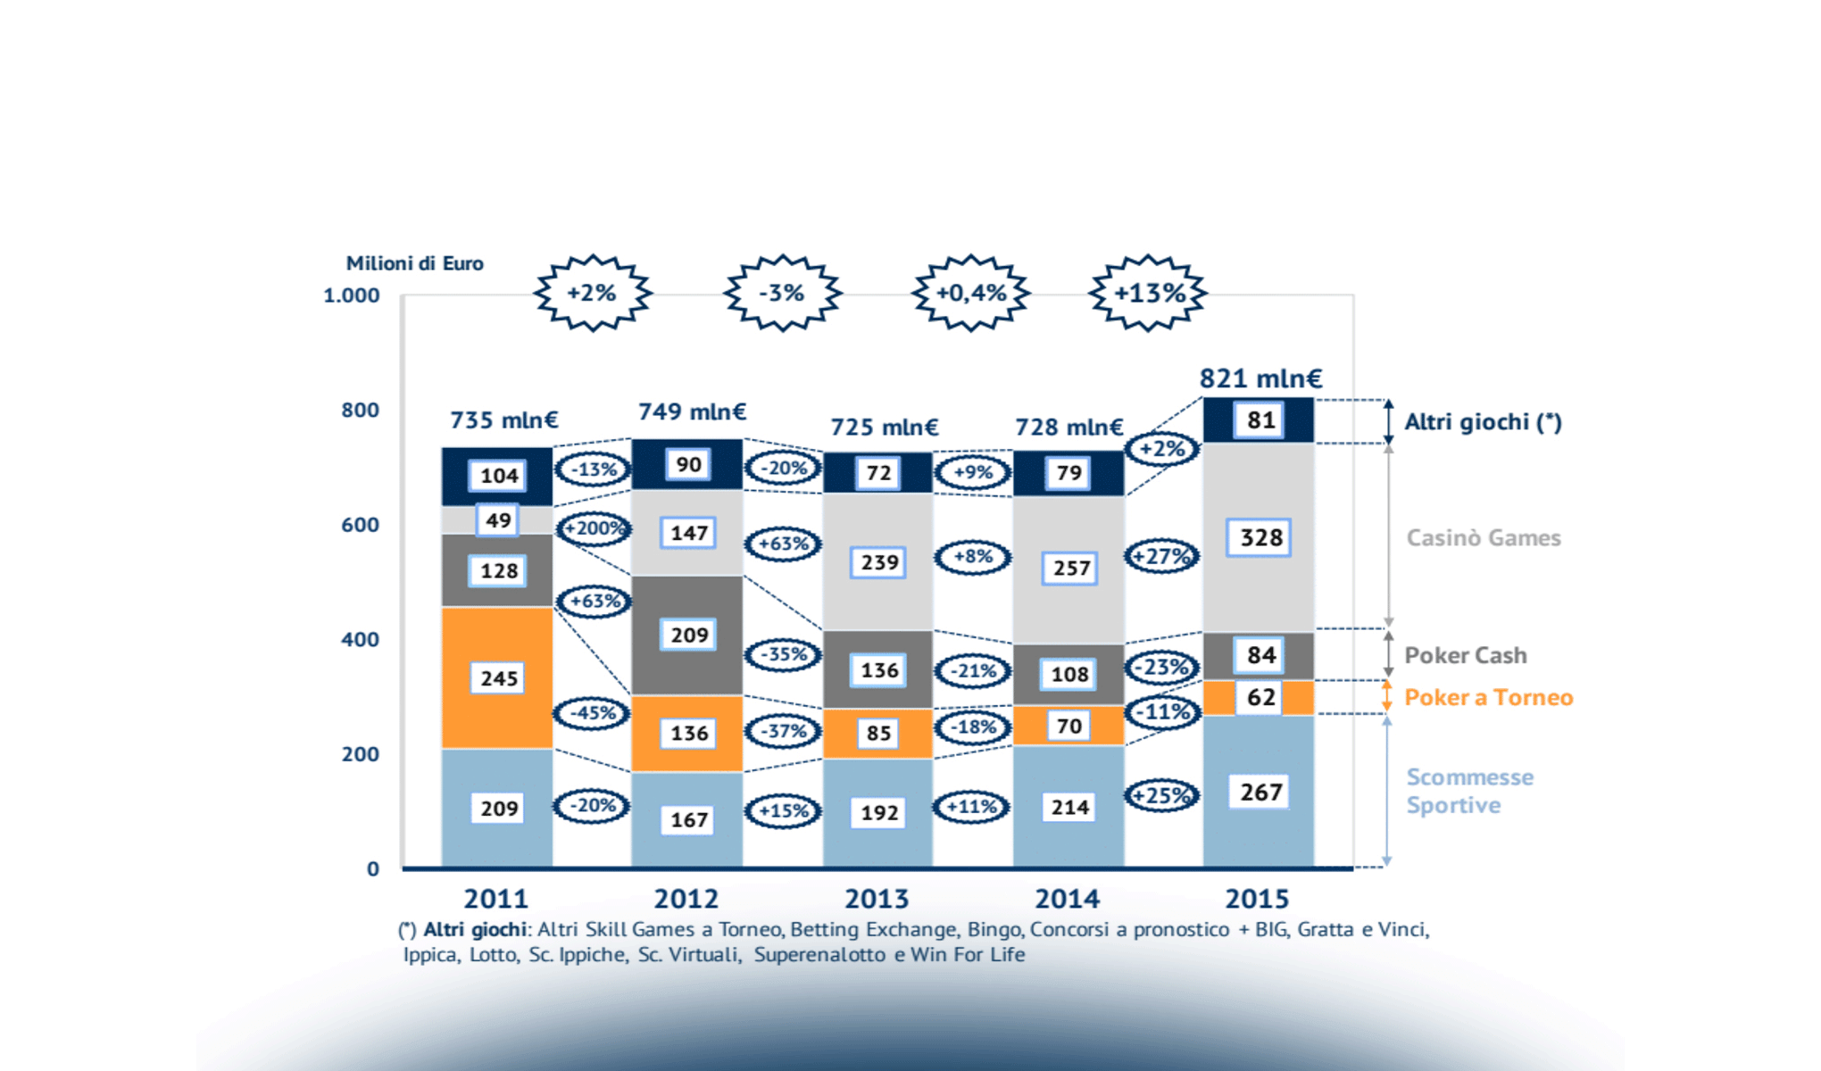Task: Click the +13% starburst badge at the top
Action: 1148,293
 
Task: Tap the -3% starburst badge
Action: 782,293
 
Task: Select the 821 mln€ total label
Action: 1260,378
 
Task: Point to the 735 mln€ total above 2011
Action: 503,419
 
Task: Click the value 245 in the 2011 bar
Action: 499,678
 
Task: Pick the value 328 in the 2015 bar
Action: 1260,537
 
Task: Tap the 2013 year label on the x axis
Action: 877,899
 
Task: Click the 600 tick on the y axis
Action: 360,525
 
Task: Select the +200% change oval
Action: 594,528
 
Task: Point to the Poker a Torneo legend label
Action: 1488,697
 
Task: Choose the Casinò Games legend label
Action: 1484,537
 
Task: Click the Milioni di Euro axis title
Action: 414,263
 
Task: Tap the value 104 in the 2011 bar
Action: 499,476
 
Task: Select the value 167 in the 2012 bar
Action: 689,819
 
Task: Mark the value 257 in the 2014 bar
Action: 1070,568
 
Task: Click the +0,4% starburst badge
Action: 971,293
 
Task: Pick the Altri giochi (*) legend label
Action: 1483,422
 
